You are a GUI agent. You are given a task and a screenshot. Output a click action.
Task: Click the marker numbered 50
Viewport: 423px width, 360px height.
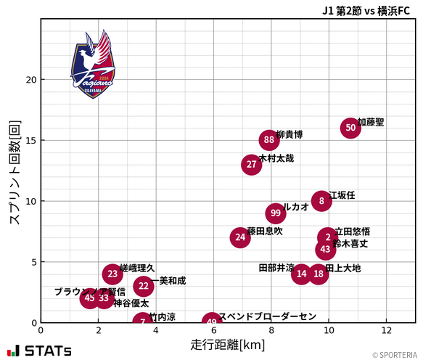[x=350, y=128]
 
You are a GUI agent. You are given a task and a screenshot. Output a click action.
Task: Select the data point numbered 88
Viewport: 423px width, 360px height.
[x=269, y=140]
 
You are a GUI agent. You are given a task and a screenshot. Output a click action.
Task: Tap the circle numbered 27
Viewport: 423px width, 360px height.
[x=251, y=165]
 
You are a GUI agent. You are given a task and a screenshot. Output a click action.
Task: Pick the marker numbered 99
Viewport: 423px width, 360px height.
[x=275, y=213]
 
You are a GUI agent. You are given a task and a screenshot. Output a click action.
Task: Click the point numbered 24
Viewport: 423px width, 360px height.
[x=240, y=237]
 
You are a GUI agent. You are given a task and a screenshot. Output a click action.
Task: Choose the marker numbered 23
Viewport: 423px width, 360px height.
[x=112, y=274]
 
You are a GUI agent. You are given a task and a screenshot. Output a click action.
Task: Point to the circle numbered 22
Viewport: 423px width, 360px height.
[x=144, y=286]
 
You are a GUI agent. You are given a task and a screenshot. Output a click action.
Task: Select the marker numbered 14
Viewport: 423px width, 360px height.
[x=302, y=274]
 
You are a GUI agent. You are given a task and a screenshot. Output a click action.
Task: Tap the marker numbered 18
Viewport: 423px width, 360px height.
[x=319, y=274]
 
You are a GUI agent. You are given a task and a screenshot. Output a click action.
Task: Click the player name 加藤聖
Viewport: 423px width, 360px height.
[x=371, y=122]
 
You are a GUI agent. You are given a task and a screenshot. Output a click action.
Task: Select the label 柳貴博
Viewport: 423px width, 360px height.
[x=289, y=134]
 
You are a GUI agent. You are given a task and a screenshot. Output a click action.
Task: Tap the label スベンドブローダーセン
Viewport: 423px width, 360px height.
[x=268, y=316]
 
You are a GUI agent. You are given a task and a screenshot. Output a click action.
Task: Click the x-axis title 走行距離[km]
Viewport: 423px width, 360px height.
[x=227, y=344]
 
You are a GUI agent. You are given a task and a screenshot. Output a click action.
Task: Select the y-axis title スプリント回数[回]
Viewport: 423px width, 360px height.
[x=14, y=172]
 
